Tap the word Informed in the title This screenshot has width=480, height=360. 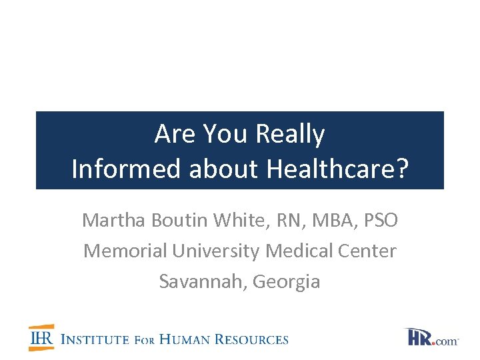pos(127,169)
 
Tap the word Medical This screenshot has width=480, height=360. pos(298,251)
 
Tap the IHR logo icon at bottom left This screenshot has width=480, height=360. pos(42,338)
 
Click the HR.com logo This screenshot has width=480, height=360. pos(431,337)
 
